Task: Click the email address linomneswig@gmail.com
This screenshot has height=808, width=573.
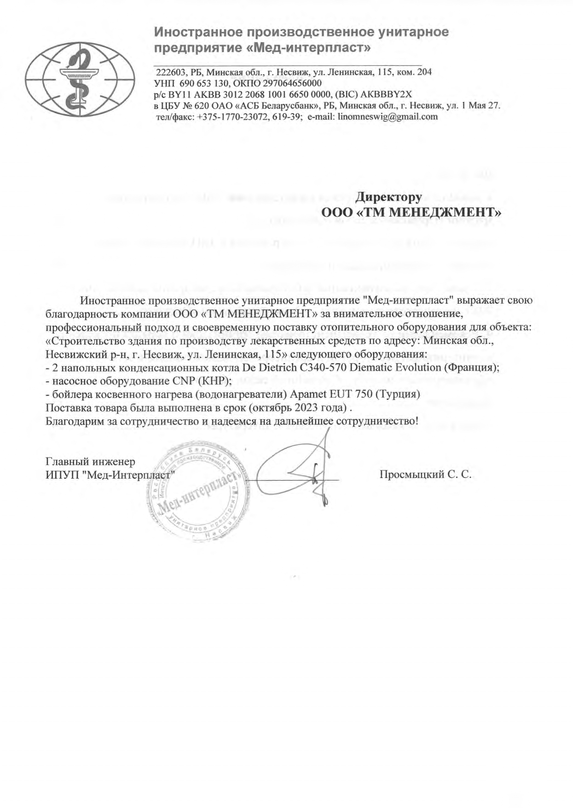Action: point(388,116)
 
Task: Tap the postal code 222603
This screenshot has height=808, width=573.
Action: point(170,72)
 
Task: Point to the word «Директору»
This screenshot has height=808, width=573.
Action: point(389,197)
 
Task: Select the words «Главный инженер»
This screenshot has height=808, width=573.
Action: point(91,461)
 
